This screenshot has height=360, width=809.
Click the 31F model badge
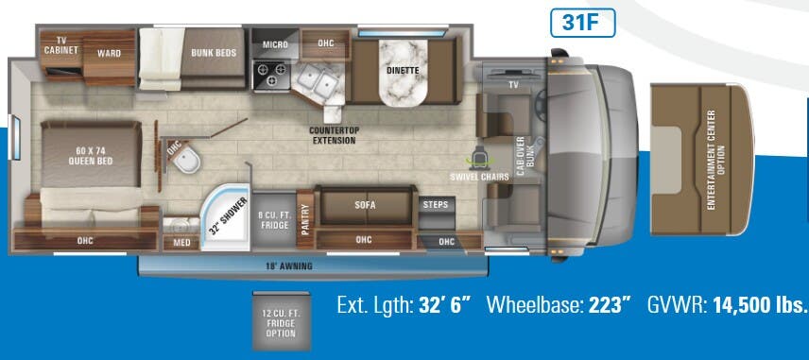[x=582, y=23]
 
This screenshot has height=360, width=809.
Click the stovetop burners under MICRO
[x=270, y=73]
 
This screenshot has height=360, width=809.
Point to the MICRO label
[x=275, y=43]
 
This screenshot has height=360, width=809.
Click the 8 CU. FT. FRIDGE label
[x=275, y=220]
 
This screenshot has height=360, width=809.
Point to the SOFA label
[x=365, y=204]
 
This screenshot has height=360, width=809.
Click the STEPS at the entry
[x=435, y=205]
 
